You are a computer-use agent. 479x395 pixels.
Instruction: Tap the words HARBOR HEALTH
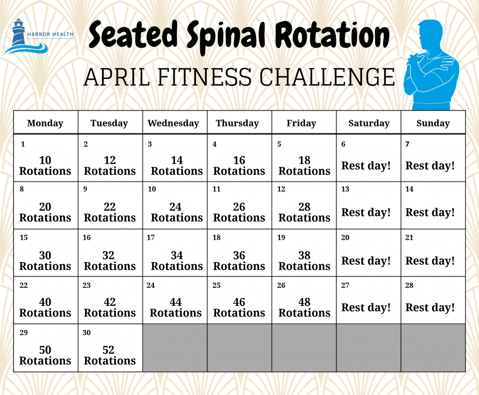point(51,34)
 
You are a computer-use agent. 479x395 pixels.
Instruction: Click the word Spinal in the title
point(226,36)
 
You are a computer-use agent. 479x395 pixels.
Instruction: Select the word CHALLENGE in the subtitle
point(327,77)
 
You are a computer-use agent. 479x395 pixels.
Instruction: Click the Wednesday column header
point(173,123)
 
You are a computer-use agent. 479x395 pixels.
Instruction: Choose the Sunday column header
point(433,123)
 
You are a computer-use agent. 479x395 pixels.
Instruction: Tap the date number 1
point(23,144)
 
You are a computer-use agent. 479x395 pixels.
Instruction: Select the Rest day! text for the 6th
point(366,166)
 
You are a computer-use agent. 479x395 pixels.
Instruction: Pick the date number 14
point(409,189)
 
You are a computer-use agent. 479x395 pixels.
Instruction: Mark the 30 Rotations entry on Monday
point(45,261)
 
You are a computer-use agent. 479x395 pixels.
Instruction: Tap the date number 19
point(281,237)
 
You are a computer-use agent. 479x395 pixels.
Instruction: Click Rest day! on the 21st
point(430,261)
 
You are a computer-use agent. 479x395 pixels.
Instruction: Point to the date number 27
point(345,286)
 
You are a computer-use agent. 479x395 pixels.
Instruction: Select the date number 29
point(23,332)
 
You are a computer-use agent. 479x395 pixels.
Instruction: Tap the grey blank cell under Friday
point(304,348)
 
